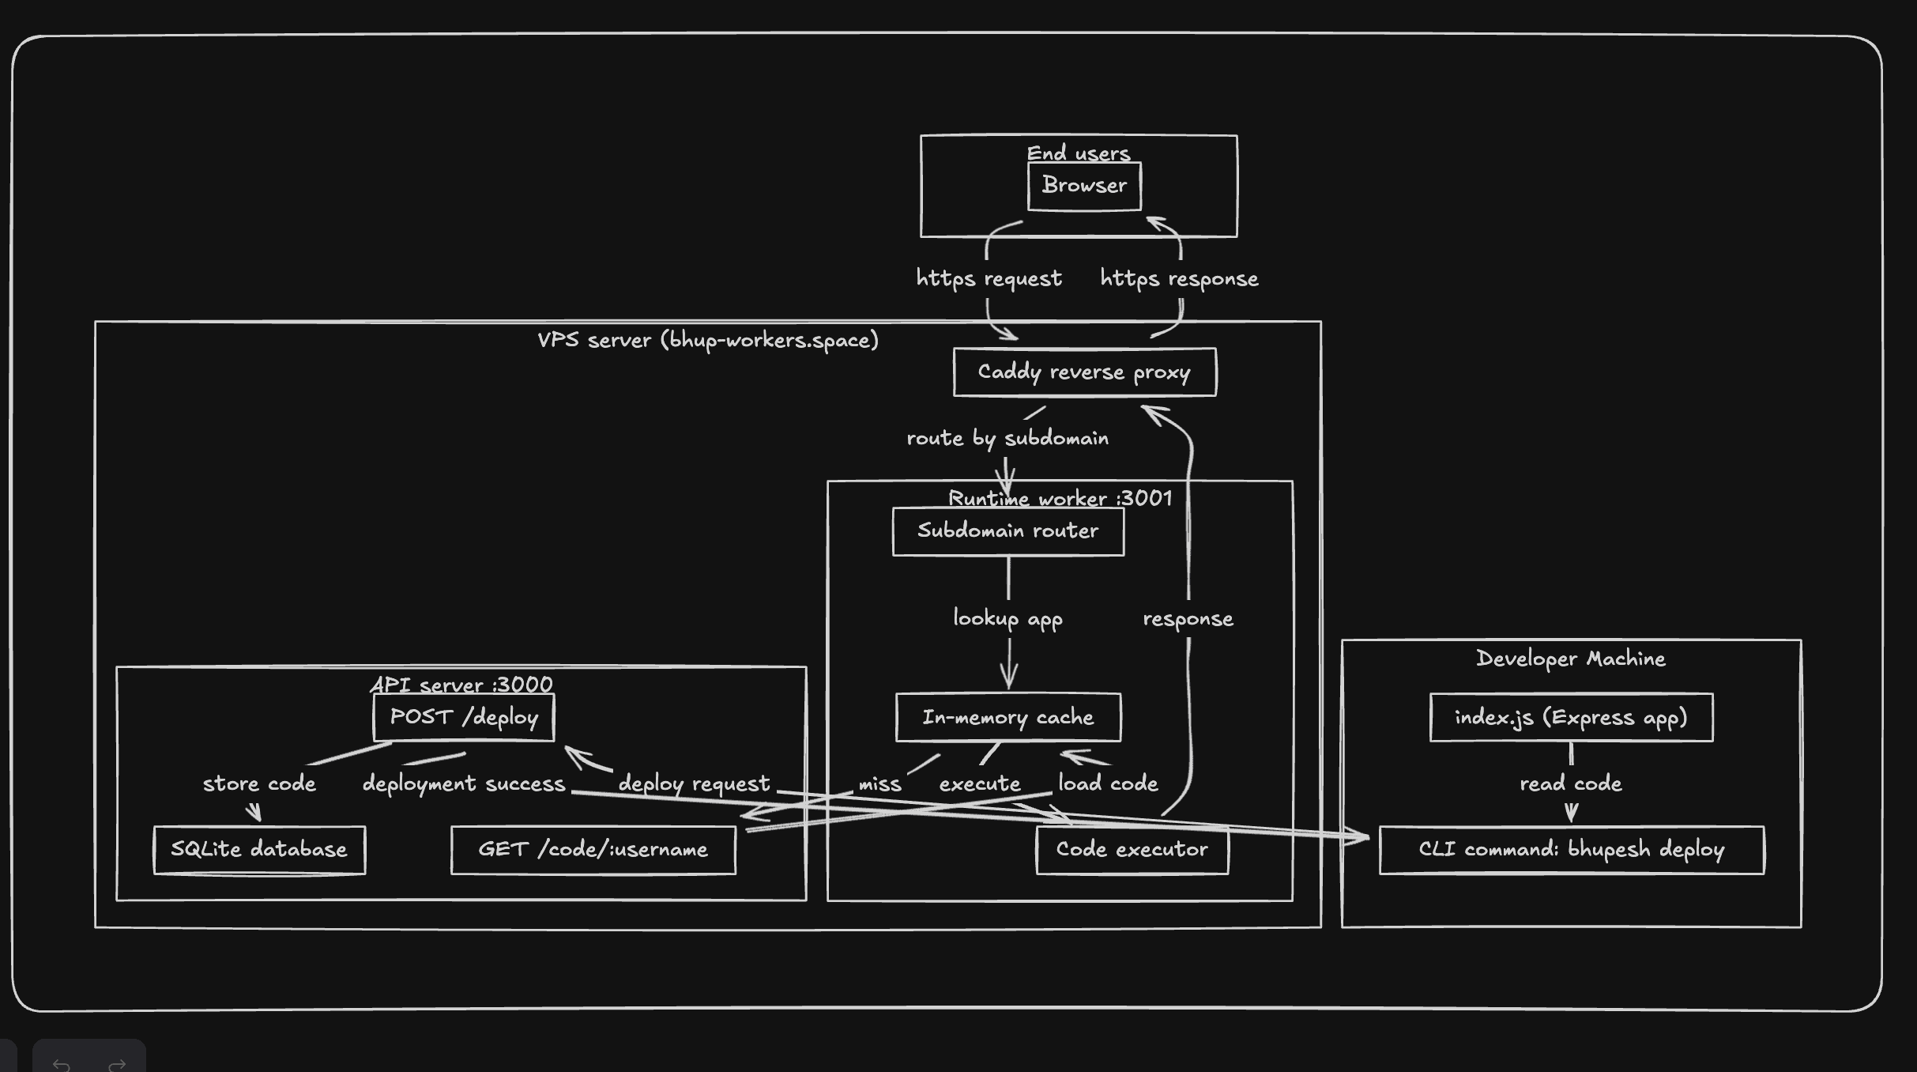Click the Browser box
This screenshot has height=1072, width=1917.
tap(1084, 186)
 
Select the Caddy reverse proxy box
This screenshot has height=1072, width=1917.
tap(1084, 372)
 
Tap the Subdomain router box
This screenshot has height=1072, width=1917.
tap(1007, 530)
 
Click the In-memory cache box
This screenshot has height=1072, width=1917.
tap(1007, 717)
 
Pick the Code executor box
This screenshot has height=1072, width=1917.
tap(1132, 850)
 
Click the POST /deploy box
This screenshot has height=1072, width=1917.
tap(464, 717)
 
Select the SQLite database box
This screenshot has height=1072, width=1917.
tap(259, 850)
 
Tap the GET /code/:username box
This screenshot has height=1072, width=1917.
tap(593, 850)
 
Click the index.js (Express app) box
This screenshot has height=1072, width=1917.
tap(1571, 717)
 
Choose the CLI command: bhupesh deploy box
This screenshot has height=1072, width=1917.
tap(1571, 850)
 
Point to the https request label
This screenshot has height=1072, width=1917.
tap(989, 278)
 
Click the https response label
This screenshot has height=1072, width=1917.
tap(1179, 278)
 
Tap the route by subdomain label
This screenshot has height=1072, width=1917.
tap(1007, 438)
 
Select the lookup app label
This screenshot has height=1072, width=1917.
tap(1007, 618)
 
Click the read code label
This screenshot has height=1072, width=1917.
tap(1571, 783)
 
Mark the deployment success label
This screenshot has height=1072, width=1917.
tap(464, 783)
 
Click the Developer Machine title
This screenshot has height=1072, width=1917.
tap(1571, 659)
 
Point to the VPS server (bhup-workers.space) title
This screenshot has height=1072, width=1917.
tap(708, 340)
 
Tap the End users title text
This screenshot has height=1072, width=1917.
tap(1079, 153)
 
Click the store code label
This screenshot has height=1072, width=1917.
tap(259, 783)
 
